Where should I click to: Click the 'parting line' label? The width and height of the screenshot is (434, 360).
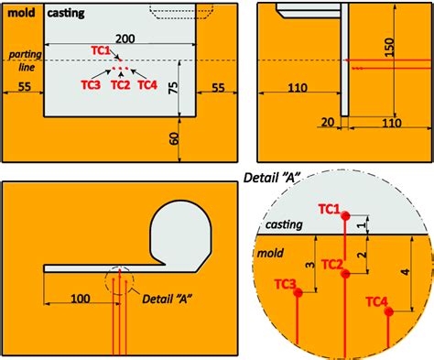pyautogui.click(x=20, y=60)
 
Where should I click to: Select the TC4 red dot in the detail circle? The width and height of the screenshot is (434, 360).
pyautogui.click(x=389, y=311)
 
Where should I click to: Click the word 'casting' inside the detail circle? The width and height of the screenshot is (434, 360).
pyautogui.click(x=283, y=225)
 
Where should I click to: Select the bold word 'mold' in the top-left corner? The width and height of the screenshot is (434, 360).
pyautogui.click(x=22, y=12)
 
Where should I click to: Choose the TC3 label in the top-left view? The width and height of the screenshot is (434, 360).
pyautogui.click(x=90, y=84)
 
